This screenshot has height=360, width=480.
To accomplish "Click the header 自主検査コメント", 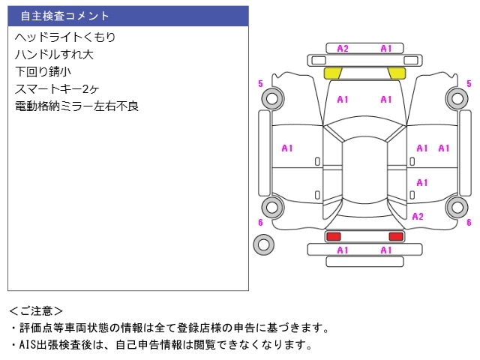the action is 64,16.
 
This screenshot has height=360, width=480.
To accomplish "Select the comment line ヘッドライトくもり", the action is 65,37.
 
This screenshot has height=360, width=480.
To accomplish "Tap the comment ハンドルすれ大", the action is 54,55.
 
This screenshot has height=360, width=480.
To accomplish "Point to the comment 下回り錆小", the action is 43,72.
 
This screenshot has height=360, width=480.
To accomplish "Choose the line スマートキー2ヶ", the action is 57,89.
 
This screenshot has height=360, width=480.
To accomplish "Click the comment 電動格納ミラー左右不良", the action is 76,106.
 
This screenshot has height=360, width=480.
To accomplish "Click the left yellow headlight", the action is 333,73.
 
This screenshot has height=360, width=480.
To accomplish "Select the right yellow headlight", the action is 397,73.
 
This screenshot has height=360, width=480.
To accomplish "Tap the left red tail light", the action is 333,236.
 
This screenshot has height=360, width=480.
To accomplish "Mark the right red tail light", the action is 396,236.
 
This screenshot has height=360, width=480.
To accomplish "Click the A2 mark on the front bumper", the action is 343,49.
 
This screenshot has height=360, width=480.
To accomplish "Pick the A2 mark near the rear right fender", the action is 418,217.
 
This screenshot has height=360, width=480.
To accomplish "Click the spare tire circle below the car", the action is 263,244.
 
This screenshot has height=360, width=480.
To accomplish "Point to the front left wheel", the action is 272,98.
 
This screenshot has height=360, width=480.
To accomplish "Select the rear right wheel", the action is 457,207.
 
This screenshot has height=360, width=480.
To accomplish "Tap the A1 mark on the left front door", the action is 287,148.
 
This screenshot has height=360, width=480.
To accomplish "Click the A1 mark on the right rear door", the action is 422,183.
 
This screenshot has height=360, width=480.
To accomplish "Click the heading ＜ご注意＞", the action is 36,311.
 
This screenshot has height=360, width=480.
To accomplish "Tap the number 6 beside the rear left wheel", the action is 260,223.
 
